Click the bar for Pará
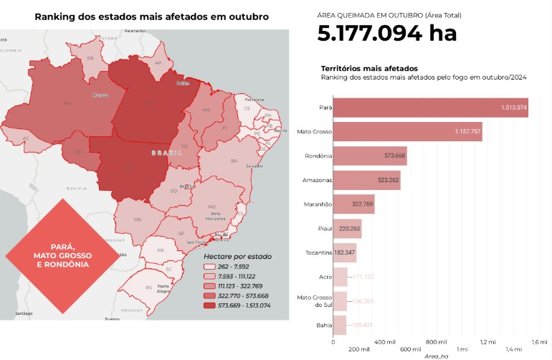(430, 108)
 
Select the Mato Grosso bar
(407, 132)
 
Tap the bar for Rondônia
(369, 156)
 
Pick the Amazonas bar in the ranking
(366, 180)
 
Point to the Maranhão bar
(353, 204)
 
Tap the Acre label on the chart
(325, 277)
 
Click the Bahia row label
(323, 326)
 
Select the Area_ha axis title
(436, 356)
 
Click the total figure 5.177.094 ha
(386, 33)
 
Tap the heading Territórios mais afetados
(365, 68)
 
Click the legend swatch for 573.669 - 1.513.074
(209, 305)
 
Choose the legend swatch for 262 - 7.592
(209, 265)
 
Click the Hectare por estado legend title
(237, 255)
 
